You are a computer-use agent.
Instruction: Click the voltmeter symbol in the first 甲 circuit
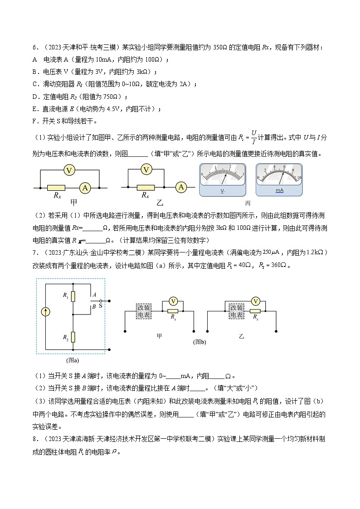click(69, 170)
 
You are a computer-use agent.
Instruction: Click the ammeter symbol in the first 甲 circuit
click(84, 187)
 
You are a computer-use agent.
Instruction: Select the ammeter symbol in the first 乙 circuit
click(181, 187)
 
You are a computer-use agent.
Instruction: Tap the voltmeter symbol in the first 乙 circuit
click(146, 170)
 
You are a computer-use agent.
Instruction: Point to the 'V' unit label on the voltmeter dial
click(223, 191)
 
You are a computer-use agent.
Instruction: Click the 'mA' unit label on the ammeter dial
click(279, 191)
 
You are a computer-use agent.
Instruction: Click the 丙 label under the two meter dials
click(248, 203)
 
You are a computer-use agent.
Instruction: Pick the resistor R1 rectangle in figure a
click(73, 296)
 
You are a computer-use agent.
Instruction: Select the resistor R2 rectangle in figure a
click(73, 337)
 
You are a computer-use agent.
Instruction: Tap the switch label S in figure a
click(101, 306)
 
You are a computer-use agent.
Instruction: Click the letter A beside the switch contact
click(94, 295)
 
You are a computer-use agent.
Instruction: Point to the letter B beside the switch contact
click(93, 307)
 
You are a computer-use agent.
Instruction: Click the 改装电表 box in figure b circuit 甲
click(144, 311)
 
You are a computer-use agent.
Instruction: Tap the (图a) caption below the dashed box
click(73, 361)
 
